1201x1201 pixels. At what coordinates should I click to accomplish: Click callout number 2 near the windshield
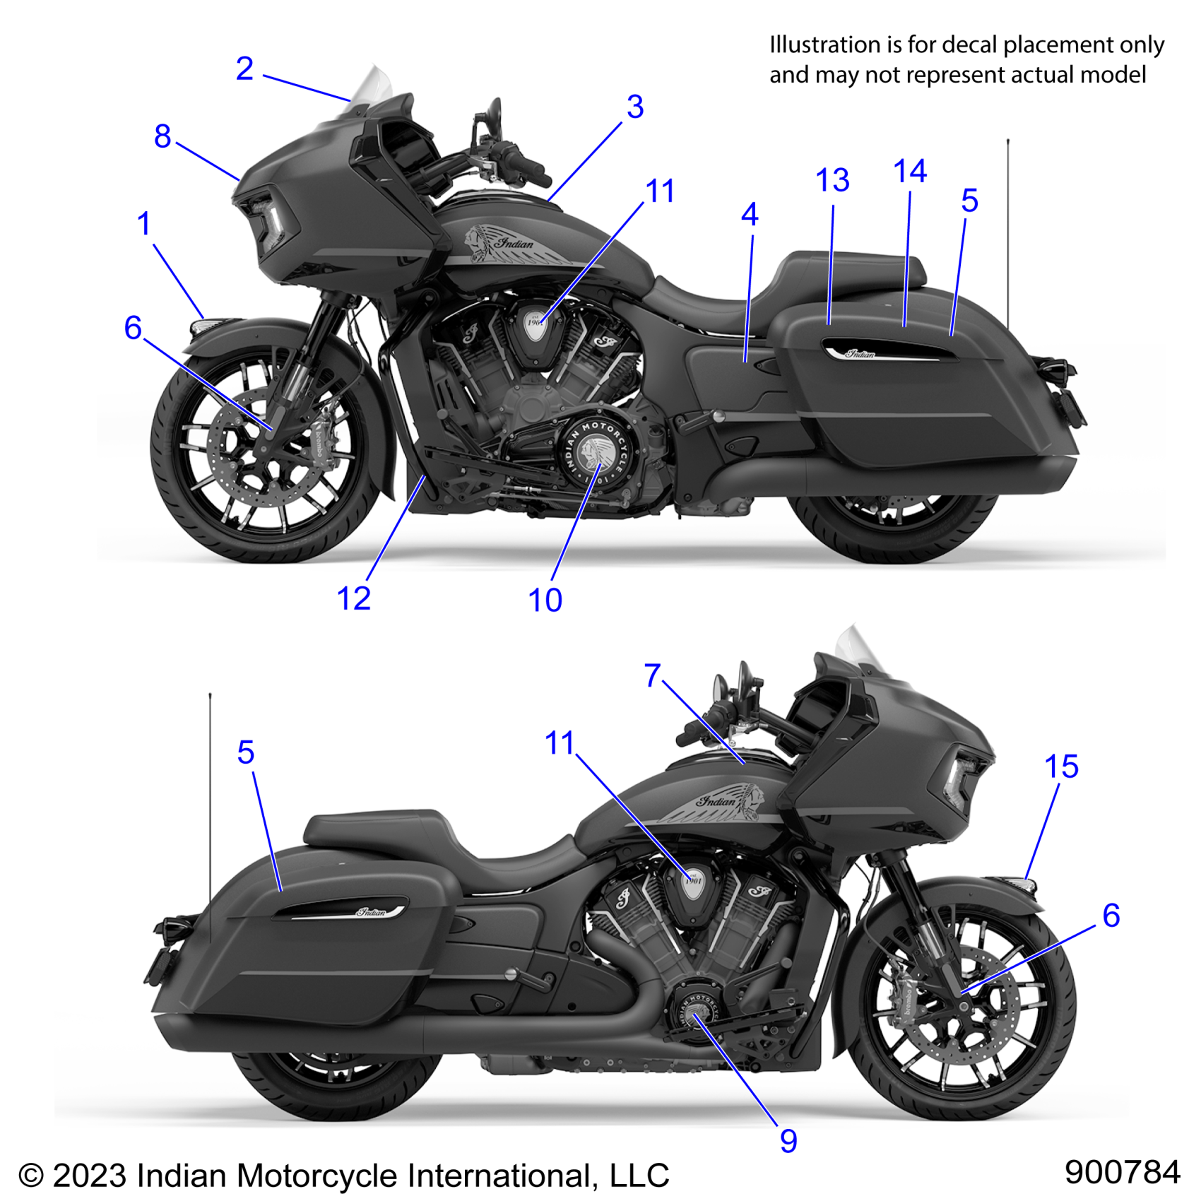coord(244,69)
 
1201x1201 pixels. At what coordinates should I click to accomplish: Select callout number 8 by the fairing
coord(162,136)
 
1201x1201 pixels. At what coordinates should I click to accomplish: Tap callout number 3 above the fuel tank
coord(634,107)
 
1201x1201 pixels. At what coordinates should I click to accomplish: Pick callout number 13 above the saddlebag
coord(832,181)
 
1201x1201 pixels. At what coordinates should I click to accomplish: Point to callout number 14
coord(909,171)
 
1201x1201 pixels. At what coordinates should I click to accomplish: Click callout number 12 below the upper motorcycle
coord(353,599)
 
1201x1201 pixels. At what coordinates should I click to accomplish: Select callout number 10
coord(545,600)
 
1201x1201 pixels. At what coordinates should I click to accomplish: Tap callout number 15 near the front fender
coord(1060,767)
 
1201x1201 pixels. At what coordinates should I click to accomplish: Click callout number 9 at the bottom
coord(788,1141)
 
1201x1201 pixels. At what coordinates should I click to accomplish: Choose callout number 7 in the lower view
coord(652,675)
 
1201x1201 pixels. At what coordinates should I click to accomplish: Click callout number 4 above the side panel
coord(750,215)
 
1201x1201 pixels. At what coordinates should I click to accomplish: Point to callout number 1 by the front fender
coord(144,224)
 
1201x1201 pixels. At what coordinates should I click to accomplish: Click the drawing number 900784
coord(1122,1172)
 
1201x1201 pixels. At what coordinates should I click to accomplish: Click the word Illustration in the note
coord(824,45)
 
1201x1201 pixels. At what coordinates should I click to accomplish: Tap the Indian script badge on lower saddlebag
coord(372,911)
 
